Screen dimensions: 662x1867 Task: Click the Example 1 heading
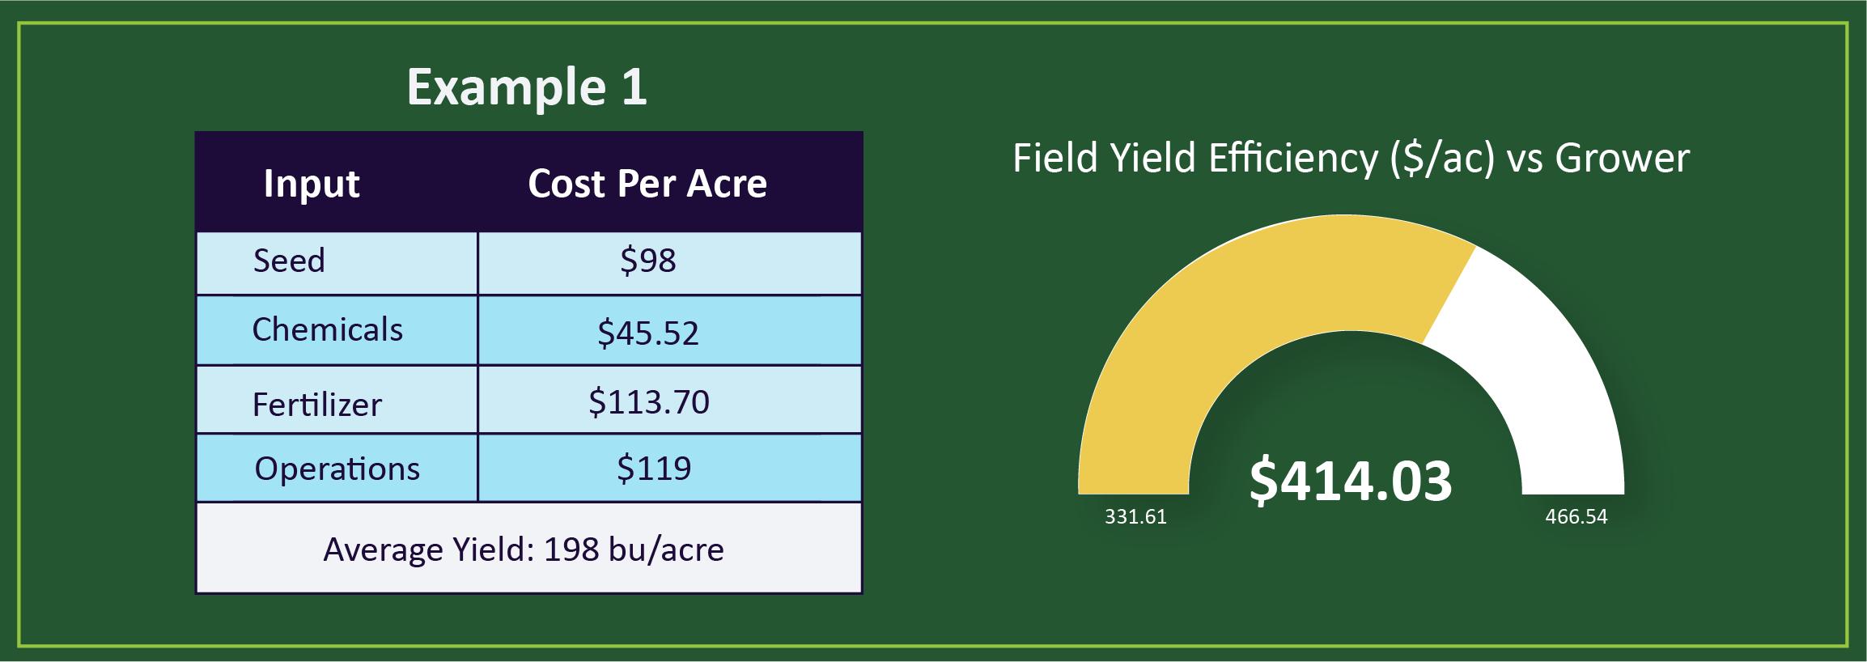pyautogui.click(x=527, y=87)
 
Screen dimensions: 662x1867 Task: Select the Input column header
pyautogui.click(x=312, y=184)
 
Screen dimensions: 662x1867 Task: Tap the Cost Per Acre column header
pyautogui.click(x=647, y=184)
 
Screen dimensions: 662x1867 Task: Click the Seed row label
pyautogui.click(x=289, y=261)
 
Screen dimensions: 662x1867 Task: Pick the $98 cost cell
pyautogui.click(x=647, y=261)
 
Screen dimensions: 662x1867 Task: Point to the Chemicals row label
pyautogui.click(x=327, y=330)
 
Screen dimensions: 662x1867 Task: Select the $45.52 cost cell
pyautogui.click(x=647, y=333)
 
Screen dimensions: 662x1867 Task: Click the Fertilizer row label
pyautogui.click(x=316, y=404)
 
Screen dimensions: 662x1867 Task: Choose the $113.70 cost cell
pyautogui.click(x=648, y=402)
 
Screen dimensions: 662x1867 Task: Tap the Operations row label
pyautogui.click(x=337, y=469)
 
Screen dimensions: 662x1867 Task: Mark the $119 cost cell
pyautogui.click(x=653, y=469)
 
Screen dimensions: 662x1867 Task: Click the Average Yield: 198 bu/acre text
pyautogui.click(x=524, y=550)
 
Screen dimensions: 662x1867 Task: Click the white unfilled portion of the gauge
pyautogui.click(x=1538, y=364)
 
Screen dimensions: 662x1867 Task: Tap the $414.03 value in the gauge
pyautogui.click(x=1350, y=481)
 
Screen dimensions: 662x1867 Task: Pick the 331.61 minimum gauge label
pyautogui.click(x=1135, y=517)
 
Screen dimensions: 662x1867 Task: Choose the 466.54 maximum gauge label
pyautogui.click(x=1576, y=517)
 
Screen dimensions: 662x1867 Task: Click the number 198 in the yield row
pyautogui.click(x=571, y=550)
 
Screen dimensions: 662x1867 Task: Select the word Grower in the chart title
pyautogui.click(x=1622, y=158)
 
